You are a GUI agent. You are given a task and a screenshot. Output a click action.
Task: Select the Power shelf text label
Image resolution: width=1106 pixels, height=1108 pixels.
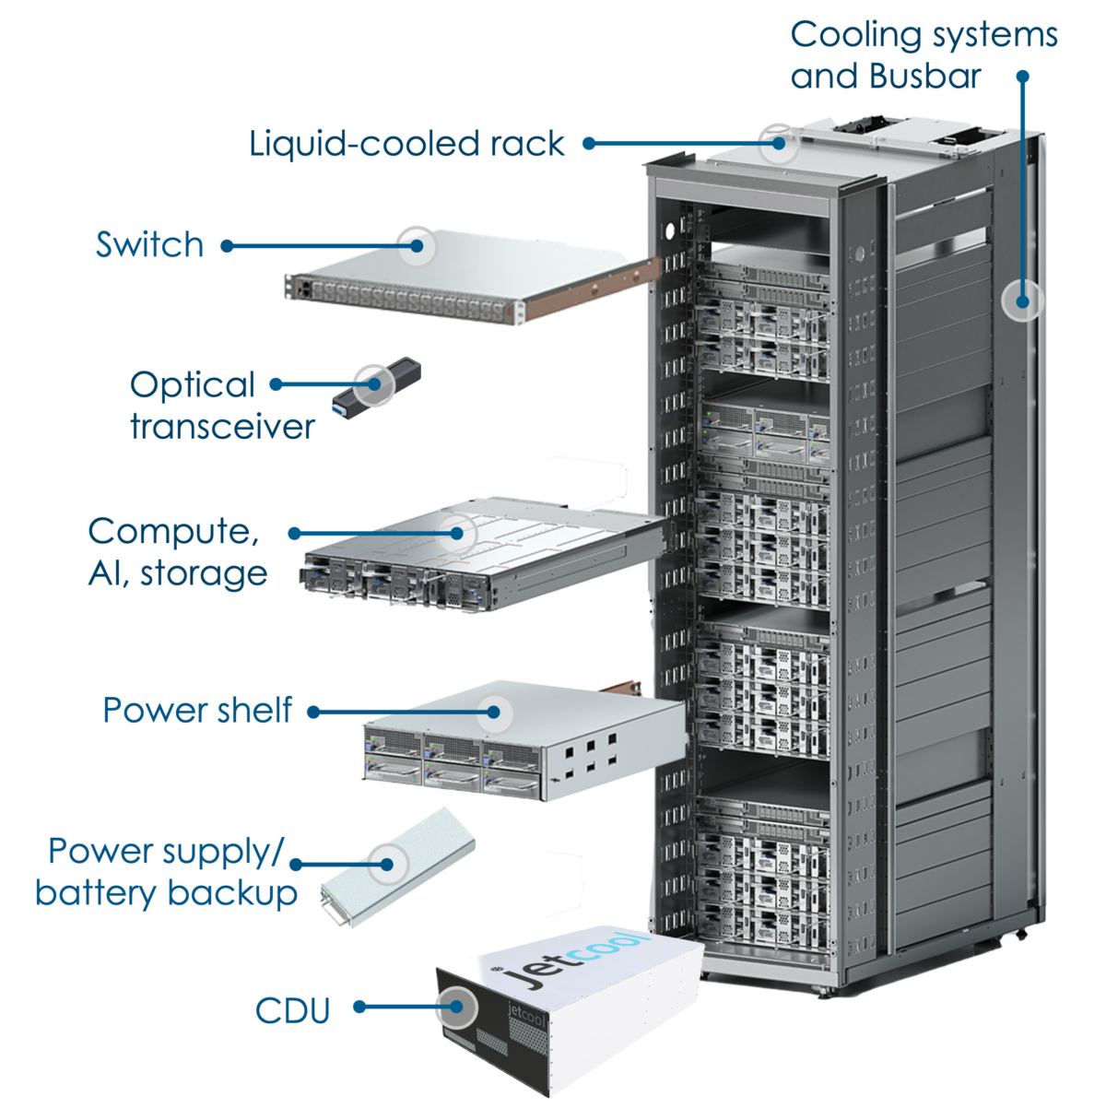click(x=190, y=715)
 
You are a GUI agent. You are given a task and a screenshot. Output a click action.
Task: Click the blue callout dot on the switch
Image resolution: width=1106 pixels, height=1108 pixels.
click(x=418, y=246)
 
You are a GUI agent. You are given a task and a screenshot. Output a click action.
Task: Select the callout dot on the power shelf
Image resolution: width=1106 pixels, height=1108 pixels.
click(x=495, y=712)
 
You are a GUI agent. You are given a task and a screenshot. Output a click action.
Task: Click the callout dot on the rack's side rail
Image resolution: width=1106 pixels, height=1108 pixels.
click(x=1022, y=301)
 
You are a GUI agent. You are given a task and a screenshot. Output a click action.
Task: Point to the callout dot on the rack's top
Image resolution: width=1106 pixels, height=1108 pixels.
click(x=780, y=143)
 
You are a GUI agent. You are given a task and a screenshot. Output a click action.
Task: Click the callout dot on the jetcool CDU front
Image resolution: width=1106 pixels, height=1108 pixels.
click(x=455, y=1007)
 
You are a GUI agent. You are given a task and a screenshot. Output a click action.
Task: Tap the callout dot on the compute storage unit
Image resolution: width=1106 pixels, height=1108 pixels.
click(x=456, y=533)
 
